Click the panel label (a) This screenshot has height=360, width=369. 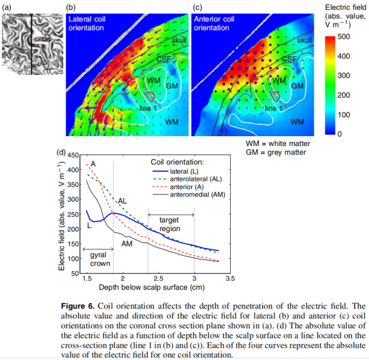point(7,8)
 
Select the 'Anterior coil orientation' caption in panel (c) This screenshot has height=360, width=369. point(214,23)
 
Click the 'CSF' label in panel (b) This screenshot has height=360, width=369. point(163,59)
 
